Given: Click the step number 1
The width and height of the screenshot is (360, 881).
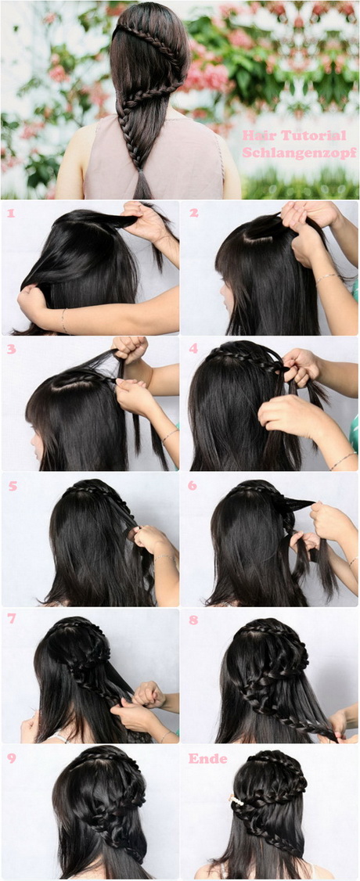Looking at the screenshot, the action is pyautogui.click(x=9, y=214).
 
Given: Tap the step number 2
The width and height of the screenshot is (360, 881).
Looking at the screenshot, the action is pyautogui.click(x=194, y=213).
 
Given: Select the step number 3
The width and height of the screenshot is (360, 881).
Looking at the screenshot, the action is pyautogui.click(x=11, y=349).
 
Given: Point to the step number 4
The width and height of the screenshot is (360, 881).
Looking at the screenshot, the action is pyautogui.click(x=193, y=348).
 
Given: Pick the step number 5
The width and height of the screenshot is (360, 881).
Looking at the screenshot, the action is pyautogui.click(x=12, y=486).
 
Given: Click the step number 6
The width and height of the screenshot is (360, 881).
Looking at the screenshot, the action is pyautogui.click(x=193, y=485).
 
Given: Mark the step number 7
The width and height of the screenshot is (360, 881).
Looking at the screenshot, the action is pyautogui.click(x=12, y=619).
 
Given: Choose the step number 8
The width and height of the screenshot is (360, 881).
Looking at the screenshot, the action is pyautogui.click(x=193, y=620).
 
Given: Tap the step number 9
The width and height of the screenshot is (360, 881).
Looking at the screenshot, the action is pyautogui.click(x=11, y=758).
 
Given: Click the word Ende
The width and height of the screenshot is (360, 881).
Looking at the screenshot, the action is pyautogui.click(x=208, y=758).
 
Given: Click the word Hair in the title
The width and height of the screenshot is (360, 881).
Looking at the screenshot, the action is pyautogui.click(x=256, y=135).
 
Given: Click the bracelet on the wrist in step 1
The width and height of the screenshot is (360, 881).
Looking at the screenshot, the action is pyautogui.click(x=63, y=320).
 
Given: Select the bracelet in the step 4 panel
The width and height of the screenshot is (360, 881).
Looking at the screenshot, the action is pyautogui.click(x=342, y=461).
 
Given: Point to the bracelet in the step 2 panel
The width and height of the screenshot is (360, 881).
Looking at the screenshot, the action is pyautogui.click(x=326, y=278).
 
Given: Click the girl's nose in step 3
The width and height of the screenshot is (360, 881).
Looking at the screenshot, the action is pyautogui.click(x=33, y=438).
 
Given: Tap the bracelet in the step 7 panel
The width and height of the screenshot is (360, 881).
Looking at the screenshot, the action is pyautogui.click(x=164, y=735).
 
